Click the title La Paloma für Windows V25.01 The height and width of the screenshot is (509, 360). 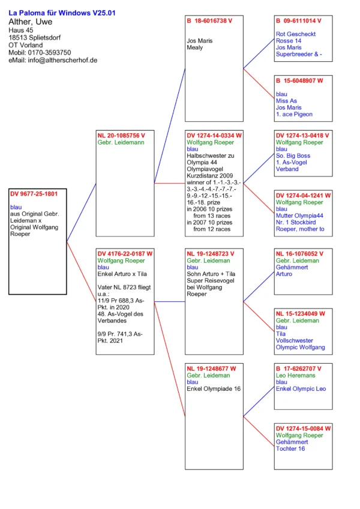(62, 13)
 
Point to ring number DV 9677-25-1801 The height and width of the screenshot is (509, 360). (34, 194)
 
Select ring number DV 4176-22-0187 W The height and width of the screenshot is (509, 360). (125, 254)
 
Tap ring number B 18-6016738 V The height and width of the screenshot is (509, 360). (209, 20)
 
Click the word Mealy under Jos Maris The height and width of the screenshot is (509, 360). (195, 47)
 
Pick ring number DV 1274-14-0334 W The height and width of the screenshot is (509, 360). (214, 136)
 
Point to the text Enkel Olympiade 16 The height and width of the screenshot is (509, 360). (214, 389)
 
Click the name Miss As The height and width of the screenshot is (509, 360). (286, 101)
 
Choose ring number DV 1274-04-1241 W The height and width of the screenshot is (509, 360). (304, 195)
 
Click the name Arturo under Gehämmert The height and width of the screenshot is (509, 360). (284, 274)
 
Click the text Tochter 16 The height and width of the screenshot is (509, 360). (290, 448)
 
